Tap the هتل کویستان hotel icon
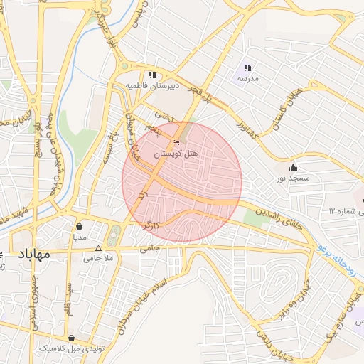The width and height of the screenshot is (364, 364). pos(176,144)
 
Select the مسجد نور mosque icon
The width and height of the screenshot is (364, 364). pos(294,168)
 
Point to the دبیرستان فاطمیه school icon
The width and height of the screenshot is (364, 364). pos(152,75)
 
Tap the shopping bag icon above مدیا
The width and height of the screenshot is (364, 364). pos(79,227)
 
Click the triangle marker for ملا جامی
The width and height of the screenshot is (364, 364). pos(98,248)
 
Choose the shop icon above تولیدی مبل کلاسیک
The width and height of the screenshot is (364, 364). pos(71,338)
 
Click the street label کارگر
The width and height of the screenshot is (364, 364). pos(150,225)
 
